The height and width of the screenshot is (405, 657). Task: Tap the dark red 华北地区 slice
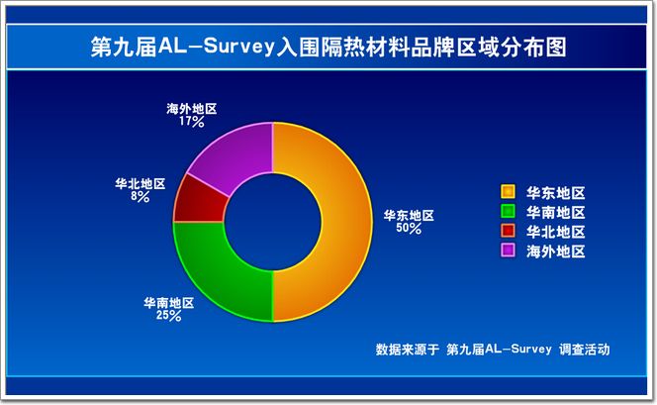click(x=199, y=200)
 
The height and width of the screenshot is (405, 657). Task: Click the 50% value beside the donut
click(x=409, y=229)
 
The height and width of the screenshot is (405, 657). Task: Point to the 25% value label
click(x=169, y=316)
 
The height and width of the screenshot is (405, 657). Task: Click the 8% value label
click(x=140, y=197)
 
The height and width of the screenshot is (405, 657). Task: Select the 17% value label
click(x=192, y=122)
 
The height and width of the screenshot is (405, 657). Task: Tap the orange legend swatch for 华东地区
click(x=508, y=191)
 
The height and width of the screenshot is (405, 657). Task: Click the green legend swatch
click(x=508, y=211)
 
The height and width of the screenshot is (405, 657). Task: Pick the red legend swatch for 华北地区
click(x=508, y=231)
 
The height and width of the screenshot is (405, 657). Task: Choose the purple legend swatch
click(x=508, y=250)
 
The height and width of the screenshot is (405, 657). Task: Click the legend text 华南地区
click(x=556, y=213)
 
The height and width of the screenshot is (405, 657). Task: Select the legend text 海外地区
click(x=556, y=252)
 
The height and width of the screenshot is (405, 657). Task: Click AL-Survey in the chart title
click(x=217, y=46)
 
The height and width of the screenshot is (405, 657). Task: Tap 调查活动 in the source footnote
click(x=584, y=350)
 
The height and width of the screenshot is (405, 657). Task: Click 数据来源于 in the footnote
click(x=408, y=350)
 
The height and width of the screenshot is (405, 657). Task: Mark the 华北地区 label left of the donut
click(x=141, y=183)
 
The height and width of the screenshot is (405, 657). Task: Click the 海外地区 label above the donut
click(x=192, y=109)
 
